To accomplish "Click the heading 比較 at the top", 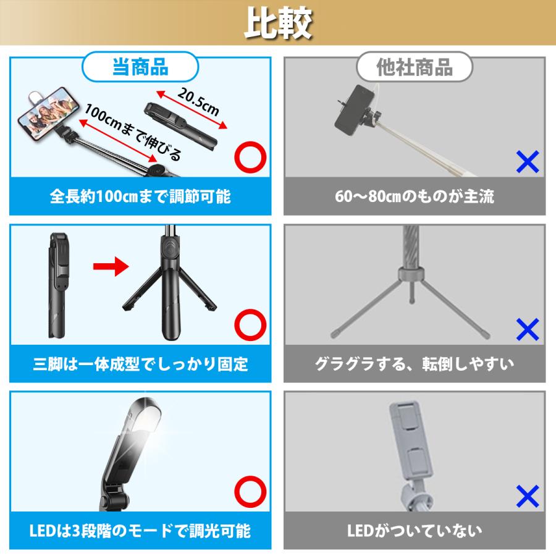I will click(x=277, y=23).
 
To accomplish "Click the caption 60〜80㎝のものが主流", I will click(x=415, y=197).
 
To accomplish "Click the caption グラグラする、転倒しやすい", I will click(x=415, y=364).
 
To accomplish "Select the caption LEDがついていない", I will click(x=415, y=531).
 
